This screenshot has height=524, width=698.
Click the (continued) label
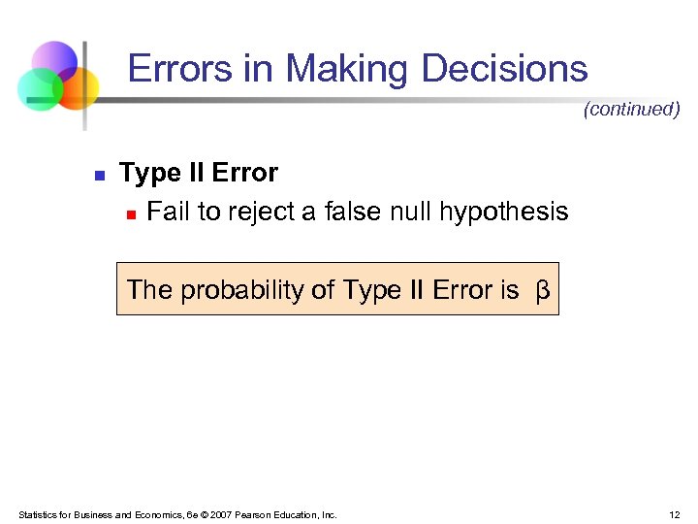(x=631, y=110)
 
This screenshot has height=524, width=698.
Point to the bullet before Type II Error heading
(x=98, y=176)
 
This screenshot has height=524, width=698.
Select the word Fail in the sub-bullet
(x=168, y=212)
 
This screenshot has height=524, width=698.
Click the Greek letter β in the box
(x=543, y=290)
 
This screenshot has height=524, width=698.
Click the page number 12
(x=675, y=514)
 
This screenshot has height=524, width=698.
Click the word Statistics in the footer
(x=36, y=514)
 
